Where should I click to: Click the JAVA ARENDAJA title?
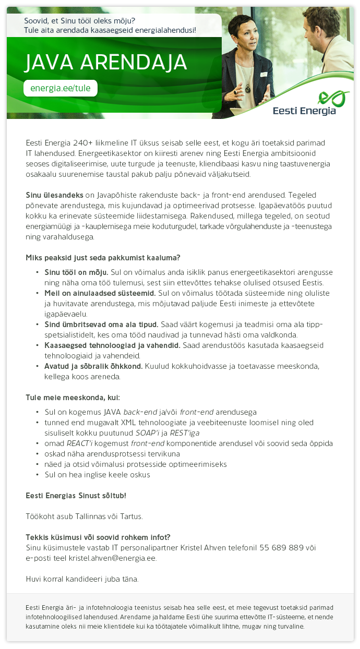105,63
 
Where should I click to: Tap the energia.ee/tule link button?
61,88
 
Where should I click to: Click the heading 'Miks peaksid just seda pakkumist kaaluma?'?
103,258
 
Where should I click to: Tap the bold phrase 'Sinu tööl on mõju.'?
76,272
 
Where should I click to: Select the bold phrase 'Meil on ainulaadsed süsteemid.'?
100,293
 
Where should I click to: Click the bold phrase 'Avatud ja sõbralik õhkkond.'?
93,366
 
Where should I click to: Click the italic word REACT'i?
80,443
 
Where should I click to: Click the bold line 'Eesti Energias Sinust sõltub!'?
76,495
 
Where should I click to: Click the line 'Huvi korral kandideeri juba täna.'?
82,579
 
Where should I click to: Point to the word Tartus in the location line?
130,516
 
